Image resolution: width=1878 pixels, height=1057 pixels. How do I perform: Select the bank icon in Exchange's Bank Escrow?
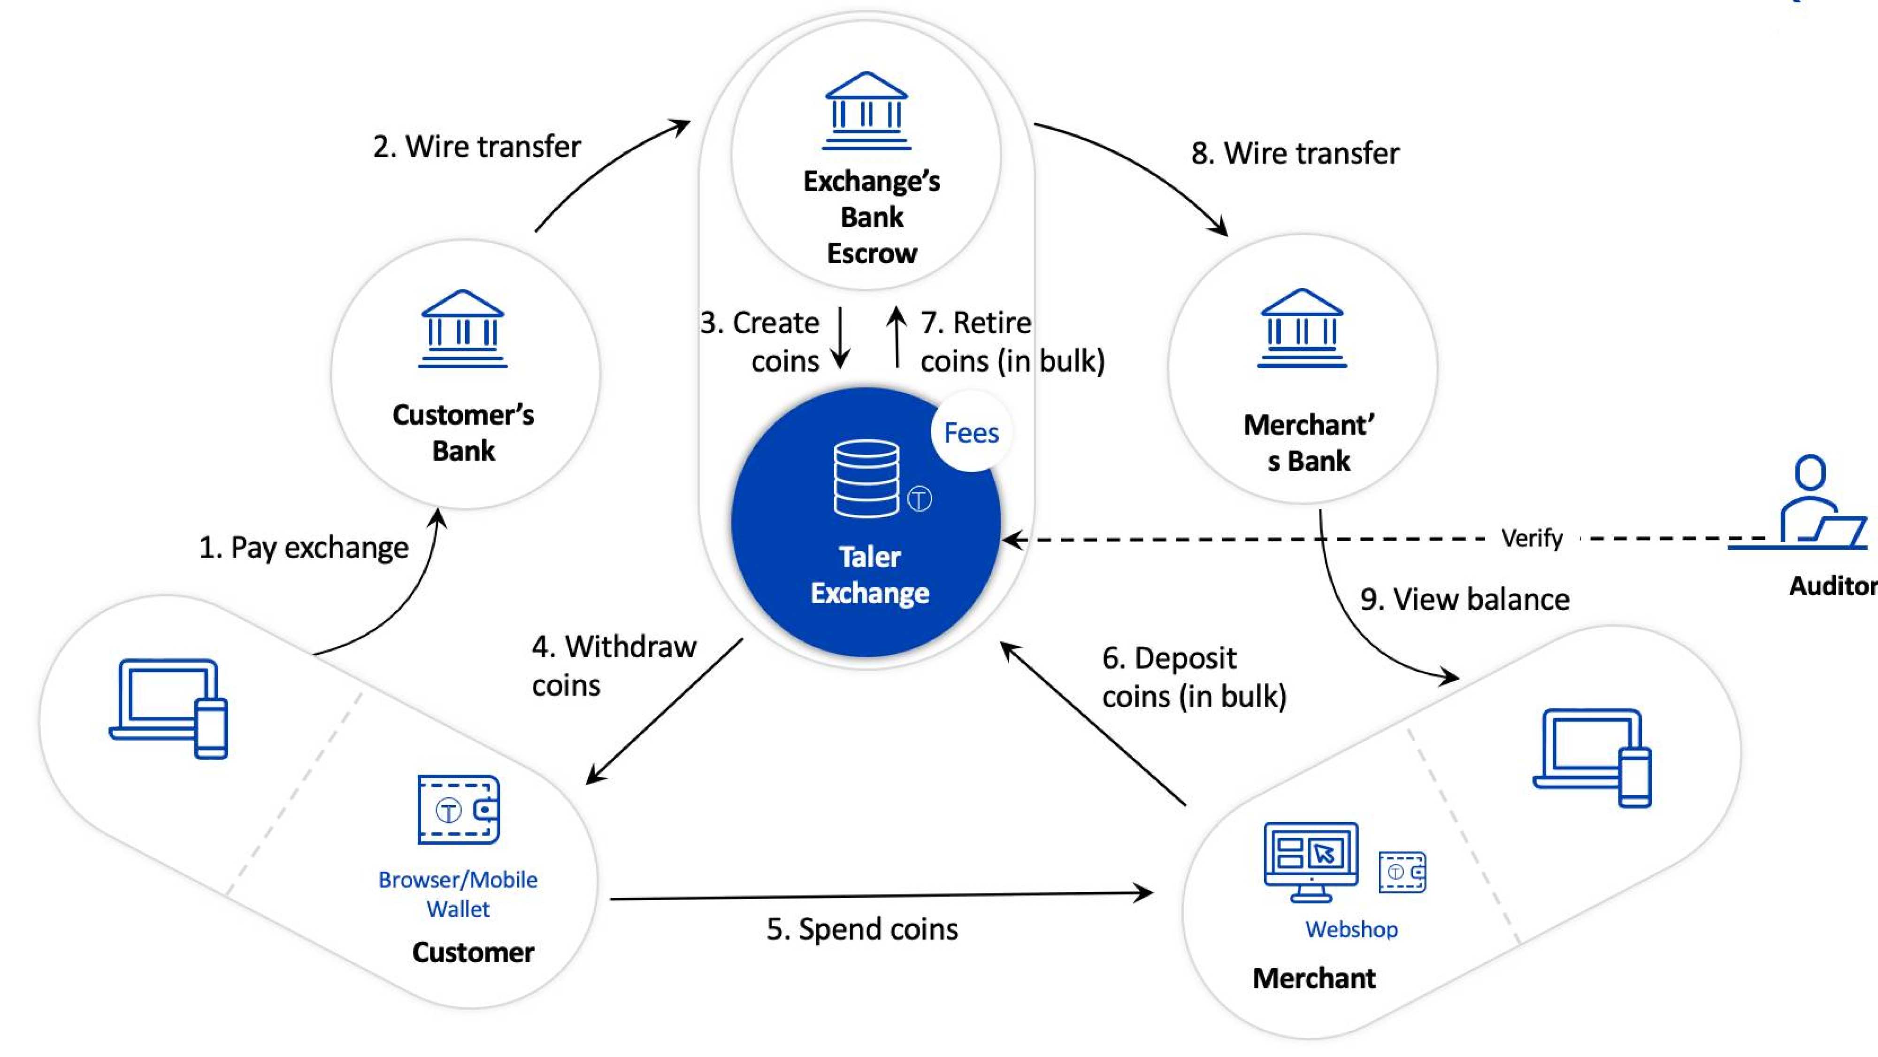866,111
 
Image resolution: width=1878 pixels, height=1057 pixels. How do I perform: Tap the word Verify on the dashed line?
1531,538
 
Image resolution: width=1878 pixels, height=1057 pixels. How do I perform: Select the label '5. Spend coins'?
862,929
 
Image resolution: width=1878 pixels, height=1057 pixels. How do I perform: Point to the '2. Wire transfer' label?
477,147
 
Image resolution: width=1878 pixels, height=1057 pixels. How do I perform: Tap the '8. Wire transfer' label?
1295,153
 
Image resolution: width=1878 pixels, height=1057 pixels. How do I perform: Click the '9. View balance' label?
1464,599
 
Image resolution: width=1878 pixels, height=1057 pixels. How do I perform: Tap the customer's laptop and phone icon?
169,708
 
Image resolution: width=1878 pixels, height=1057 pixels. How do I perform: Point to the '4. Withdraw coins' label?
613,665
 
